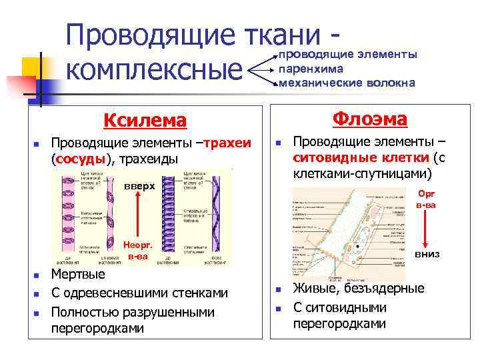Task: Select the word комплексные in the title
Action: pos(155,69)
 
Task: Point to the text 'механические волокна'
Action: pos(347,83)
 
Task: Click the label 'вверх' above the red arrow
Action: pos(138,187)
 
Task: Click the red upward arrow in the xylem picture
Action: pos(137,213)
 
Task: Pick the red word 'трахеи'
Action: pos(227,144)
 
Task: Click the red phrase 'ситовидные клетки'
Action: pos(361,158)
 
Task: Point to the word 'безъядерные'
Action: pos(382,289)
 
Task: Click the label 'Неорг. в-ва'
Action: pos(137,249)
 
